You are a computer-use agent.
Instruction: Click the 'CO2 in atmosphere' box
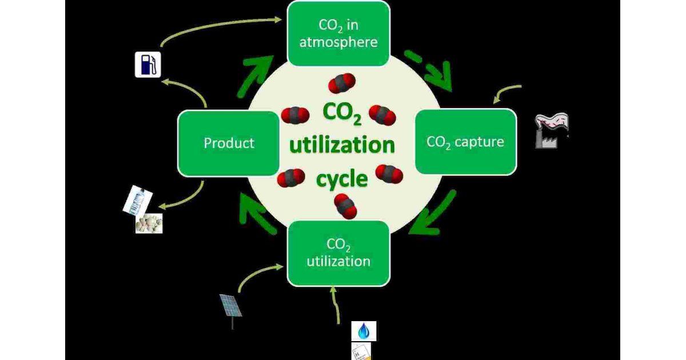point(338,33)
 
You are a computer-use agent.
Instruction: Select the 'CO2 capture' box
point(465,141)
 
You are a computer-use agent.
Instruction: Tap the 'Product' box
point(229,143)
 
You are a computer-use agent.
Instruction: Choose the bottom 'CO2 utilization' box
point(338,253)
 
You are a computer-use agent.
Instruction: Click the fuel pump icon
point(147,64)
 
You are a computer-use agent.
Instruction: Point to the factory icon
point(551,131)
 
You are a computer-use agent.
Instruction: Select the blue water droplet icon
point(364,331)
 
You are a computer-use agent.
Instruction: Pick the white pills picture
point(149,223)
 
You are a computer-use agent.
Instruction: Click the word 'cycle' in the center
point(342,179)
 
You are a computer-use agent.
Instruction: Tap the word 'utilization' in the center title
point(342,145)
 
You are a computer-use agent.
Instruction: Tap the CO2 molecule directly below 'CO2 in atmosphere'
point(341,83)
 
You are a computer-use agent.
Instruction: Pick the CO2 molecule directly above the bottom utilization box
point(345,206)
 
